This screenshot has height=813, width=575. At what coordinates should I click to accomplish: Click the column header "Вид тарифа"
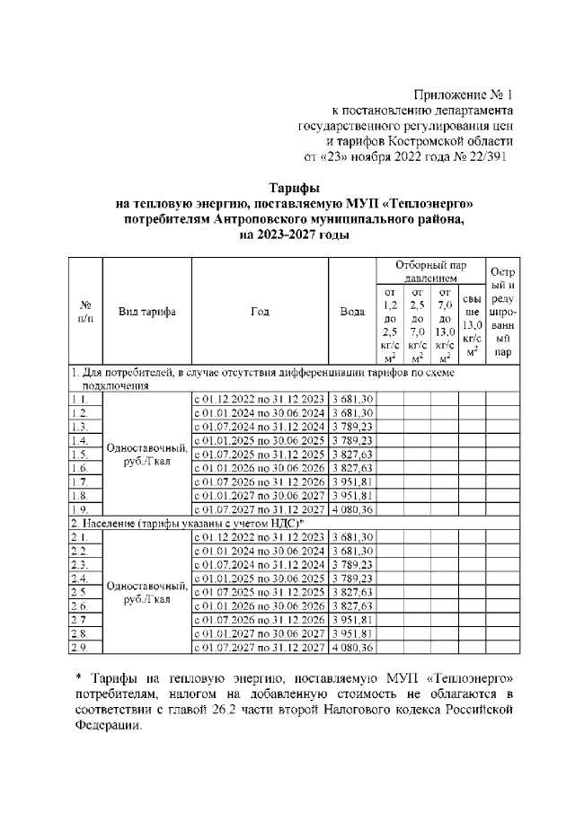coord(147,312)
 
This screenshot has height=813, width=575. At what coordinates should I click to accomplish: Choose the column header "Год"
coord(261,312)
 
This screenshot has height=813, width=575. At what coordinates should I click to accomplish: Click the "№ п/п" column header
coord(86,312)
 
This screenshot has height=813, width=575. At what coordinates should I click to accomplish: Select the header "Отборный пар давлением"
coord(430,272)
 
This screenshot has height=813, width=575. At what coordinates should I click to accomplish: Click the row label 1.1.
coord(79,398)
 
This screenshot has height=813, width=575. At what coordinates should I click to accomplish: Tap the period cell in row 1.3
coord(260,427)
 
